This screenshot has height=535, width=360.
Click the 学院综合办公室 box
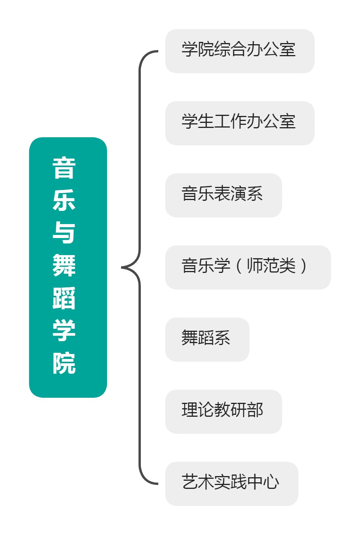click(x=240, y=51)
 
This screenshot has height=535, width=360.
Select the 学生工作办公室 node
click(x=240, y=123)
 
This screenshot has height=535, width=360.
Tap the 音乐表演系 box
click(x=223, y=195)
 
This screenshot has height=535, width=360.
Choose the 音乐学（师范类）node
click(x=248, y=267)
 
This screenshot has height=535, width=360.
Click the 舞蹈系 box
click(x=207, y=340)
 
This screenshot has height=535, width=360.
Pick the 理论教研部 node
click(x=223, y=412)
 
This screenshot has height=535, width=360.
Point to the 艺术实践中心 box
click(x=232, y=484)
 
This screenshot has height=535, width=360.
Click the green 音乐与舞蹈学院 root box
click(x=68, y=267)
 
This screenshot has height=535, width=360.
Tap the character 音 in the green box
click(x=64, y=167)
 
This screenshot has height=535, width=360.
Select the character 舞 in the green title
click(x=64, y=265)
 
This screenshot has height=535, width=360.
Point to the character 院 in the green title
click(x=64, y=363)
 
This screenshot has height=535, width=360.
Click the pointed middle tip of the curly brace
click(x=122, y=267)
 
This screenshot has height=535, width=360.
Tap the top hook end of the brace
click(x=157, y=51)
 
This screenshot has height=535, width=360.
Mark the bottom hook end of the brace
click(x=157, y=484)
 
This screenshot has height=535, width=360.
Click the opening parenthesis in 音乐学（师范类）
click(x=239, y=266)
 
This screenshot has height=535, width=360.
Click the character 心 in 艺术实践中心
click(x=271, y=482)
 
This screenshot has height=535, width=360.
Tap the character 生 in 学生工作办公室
click(x=206, y=121)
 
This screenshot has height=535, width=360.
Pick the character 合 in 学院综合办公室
click(x=239, y=49)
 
